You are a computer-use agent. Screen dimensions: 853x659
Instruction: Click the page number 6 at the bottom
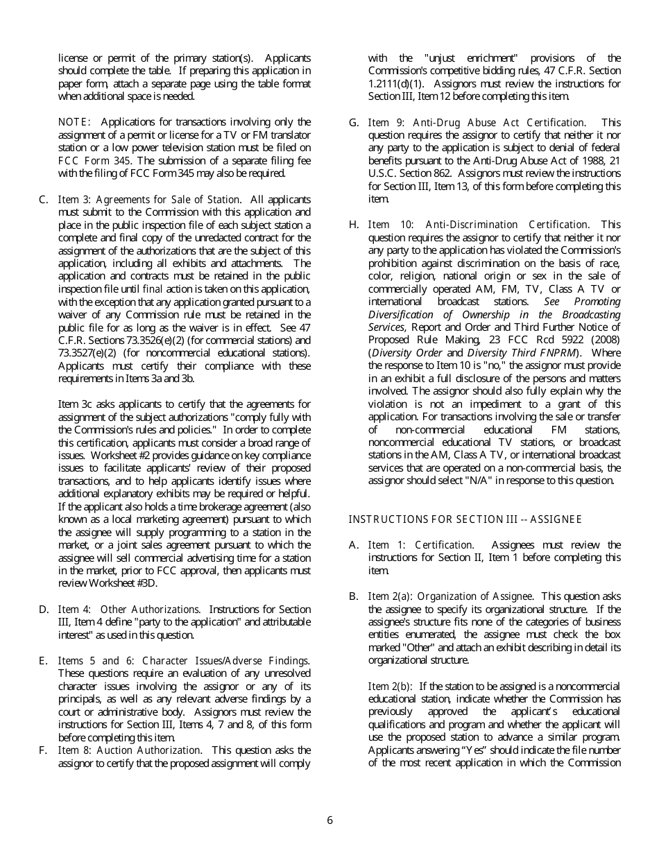pos(329,820)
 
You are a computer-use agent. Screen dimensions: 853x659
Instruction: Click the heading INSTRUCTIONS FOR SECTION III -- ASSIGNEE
pos(465,519)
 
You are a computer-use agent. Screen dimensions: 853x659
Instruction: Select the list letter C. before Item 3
pos(44,200)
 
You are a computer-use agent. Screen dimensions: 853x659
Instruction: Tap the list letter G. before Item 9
pos(354,123)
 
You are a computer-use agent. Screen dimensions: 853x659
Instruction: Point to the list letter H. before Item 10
pos(354,225)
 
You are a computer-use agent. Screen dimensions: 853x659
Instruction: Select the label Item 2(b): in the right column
pos(391,687)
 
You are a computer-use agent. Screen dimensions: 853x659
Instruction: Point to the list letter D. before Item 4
pos(44,610)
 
